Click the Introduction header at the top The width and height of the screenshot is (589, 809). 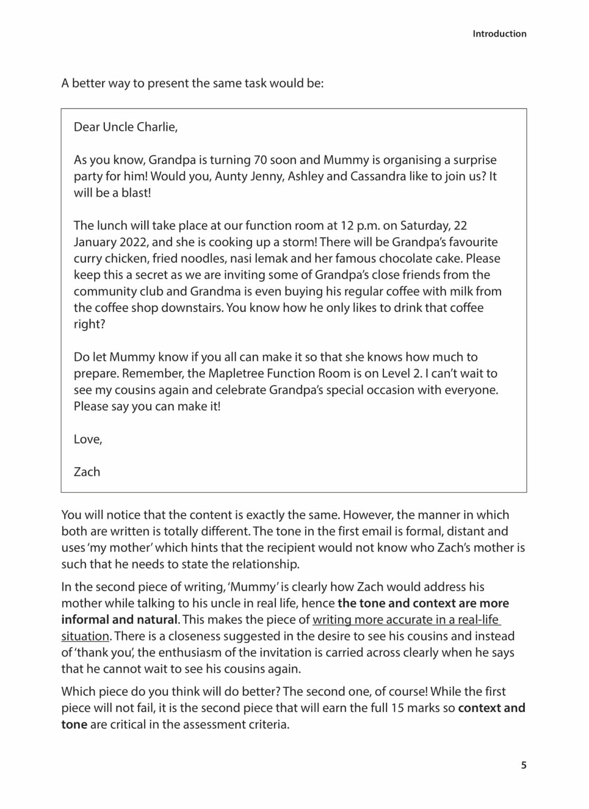click(499, 34)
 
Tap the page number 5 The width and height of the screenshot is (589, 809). click(523, 765)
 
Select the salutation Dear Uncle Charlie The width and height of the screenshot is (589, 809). click(125, 127)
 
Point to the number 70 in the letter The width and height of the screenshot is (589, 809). click(260, 160)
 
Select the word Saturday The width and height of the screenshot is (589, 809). click(425, 226)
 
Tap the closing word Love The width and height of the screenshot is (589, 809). click(87, 439)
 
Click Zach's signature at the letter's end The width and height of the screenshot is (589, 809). click(87, 472)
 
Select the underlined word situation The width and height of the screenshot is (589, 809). click(85, 636)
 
